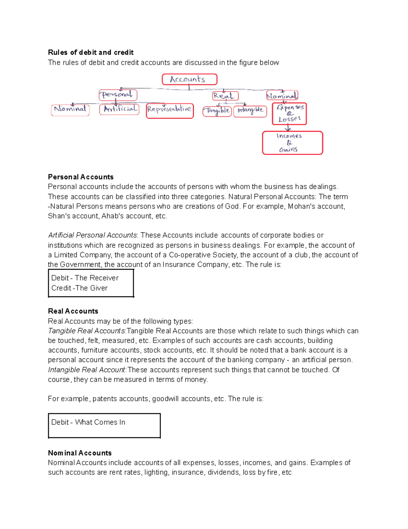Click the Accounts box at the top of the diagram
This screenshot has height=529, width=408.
point(189,79)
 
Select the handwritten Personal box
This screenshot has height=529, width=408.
point(118,95)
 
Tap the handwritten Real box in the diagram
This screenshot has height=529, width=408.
point(225,96)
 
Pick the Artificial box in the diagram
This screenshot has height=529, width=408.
point(119,109)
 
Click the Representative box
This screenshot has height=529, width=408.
point(170,111)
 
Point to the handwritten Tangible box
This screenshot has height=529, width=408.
point(217,111)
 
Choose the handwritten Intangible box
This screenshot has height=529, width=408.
point(250,111)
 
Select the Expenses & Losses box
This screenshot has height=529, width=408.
point(289,114)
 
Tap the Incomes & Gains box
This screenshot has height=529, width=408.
point(292,143)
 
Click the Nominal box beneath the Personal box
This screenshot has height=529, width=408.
point(70,110)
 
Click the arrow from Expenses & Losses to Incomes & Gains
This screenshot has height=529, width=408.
point(288,128)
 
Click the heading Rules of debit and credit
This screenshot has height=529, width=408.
point(90,52)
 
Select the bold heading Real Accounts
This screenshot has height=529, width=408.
point(73,311)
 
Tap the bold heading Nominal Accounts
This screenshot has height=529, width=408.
point(80,453)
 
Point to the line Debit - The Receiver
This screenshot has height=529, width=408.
point(85,278)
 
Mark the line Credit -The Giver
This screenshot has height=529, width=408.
point(79,288)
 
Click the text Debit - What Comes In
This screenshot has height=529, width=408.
point(88,422)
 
